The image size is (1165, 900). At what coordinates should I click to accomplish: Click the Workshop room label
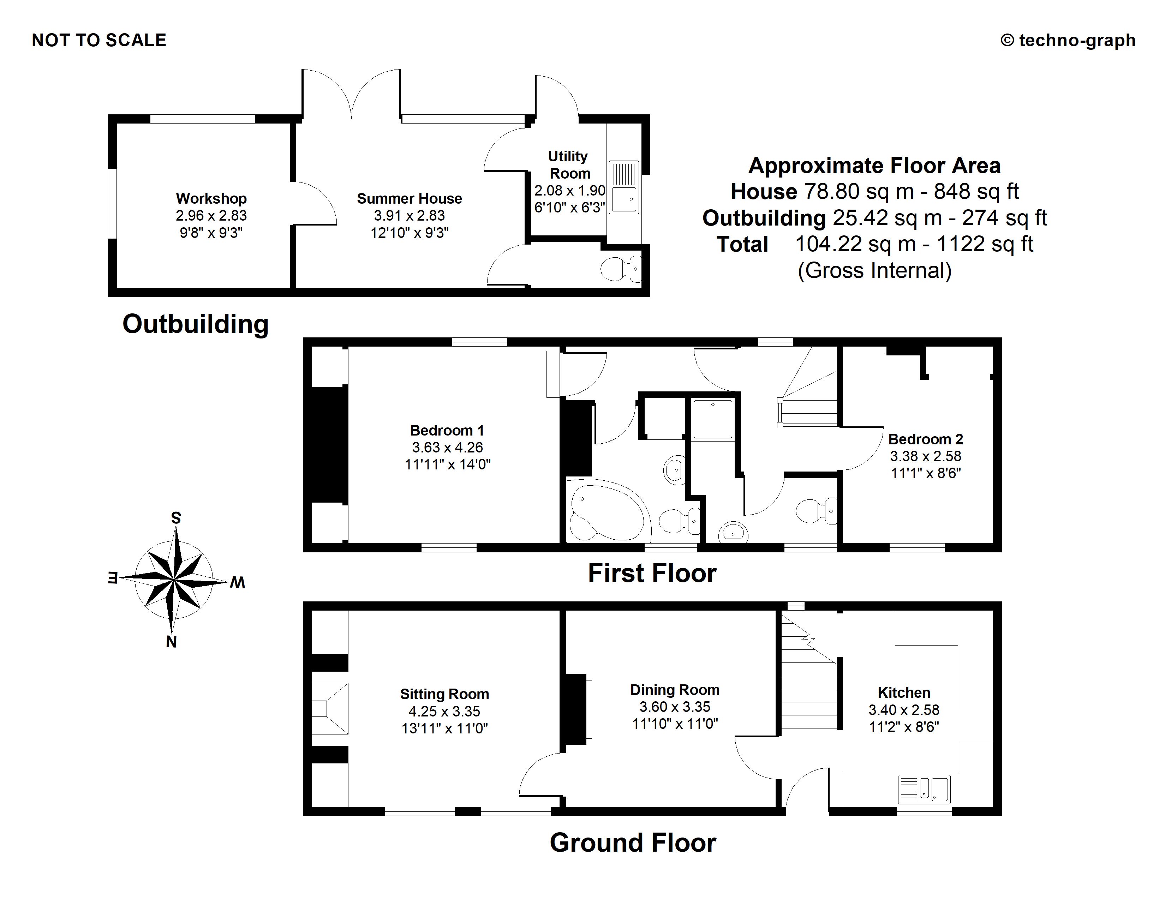211,198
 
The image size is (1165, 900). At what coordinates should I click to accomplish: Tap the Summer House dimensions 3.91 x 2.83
409,215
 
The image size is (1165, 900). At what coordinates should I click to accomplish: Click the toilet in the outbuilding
621,269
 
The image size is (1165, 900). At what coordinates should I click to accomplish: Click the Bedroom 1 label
447,430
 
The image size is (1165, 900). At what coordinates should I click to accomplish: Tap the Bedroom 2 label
926,439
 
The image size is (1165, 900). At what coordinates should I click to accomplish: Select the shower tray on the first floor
713,420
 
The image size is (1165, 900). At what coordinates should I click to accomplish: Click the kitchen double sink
924,789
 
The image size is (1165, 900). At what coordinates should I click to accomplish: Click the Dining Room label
675,690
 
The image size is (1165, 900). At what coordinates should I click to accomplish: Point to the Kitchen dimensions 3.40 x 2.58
904,710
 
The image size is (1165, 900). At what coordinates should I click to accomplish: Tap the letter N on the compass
171,642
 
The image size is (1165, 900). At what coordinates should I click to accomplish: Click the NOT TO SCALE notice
99,41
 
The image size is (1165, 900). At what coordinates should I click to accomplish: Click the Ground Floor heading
633,843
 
